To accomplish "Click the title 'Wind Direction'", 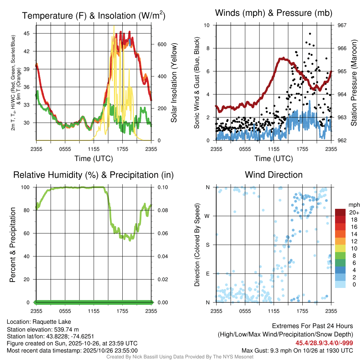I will [274, 175].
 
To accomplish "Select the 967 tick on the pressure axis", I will [342, 25].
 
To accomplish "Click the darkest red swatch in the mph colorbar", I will [340, 212].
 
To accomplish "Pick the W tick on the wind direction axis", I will [208, 216].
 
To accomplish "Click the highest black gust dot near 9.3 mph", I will [310, 34].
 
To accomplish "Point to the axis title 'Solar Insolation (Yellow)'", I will [174, 83].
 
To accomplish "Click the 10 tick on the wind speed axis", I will [207, 25].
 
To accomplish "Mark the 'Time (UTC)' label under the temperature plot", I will [94, 159].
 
